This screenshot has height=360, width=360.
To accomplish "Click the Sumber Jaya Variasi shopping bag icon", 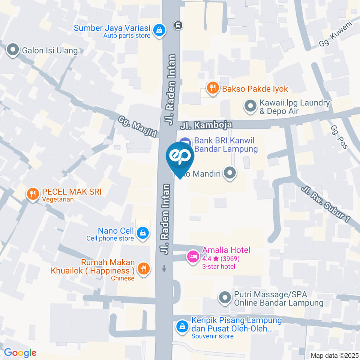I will tap(159, 30).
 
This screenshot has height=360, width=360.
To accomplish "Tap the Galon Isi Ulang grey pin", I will tap(13, 50).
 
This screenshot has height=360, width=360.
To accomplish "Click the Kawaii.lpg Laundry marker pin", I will tap(250, 106).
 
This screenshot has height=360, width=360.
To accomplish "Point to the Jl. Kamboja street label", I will tap(206, 124).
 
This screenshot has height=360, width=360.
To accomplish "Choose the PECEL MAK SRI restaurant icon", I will tap(33, 194).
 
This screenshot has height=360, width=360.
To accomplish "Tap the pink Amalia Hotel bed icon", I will tap(193, 257).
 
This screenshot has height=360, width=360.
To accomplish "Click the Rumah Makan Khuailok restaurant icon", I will tap(143, 268).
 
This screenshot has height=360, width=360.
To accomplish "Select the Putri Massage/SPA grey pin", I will tap(225, 298).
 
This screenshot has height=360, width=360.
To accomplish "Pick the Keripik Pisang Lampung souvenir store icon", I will tap(182, 326).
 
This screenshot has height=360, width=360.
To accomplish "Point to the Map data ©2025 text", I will tap(334, 355).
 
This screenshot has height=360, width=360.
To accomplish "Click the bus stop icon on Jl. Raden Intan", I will tap(178, 25).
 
